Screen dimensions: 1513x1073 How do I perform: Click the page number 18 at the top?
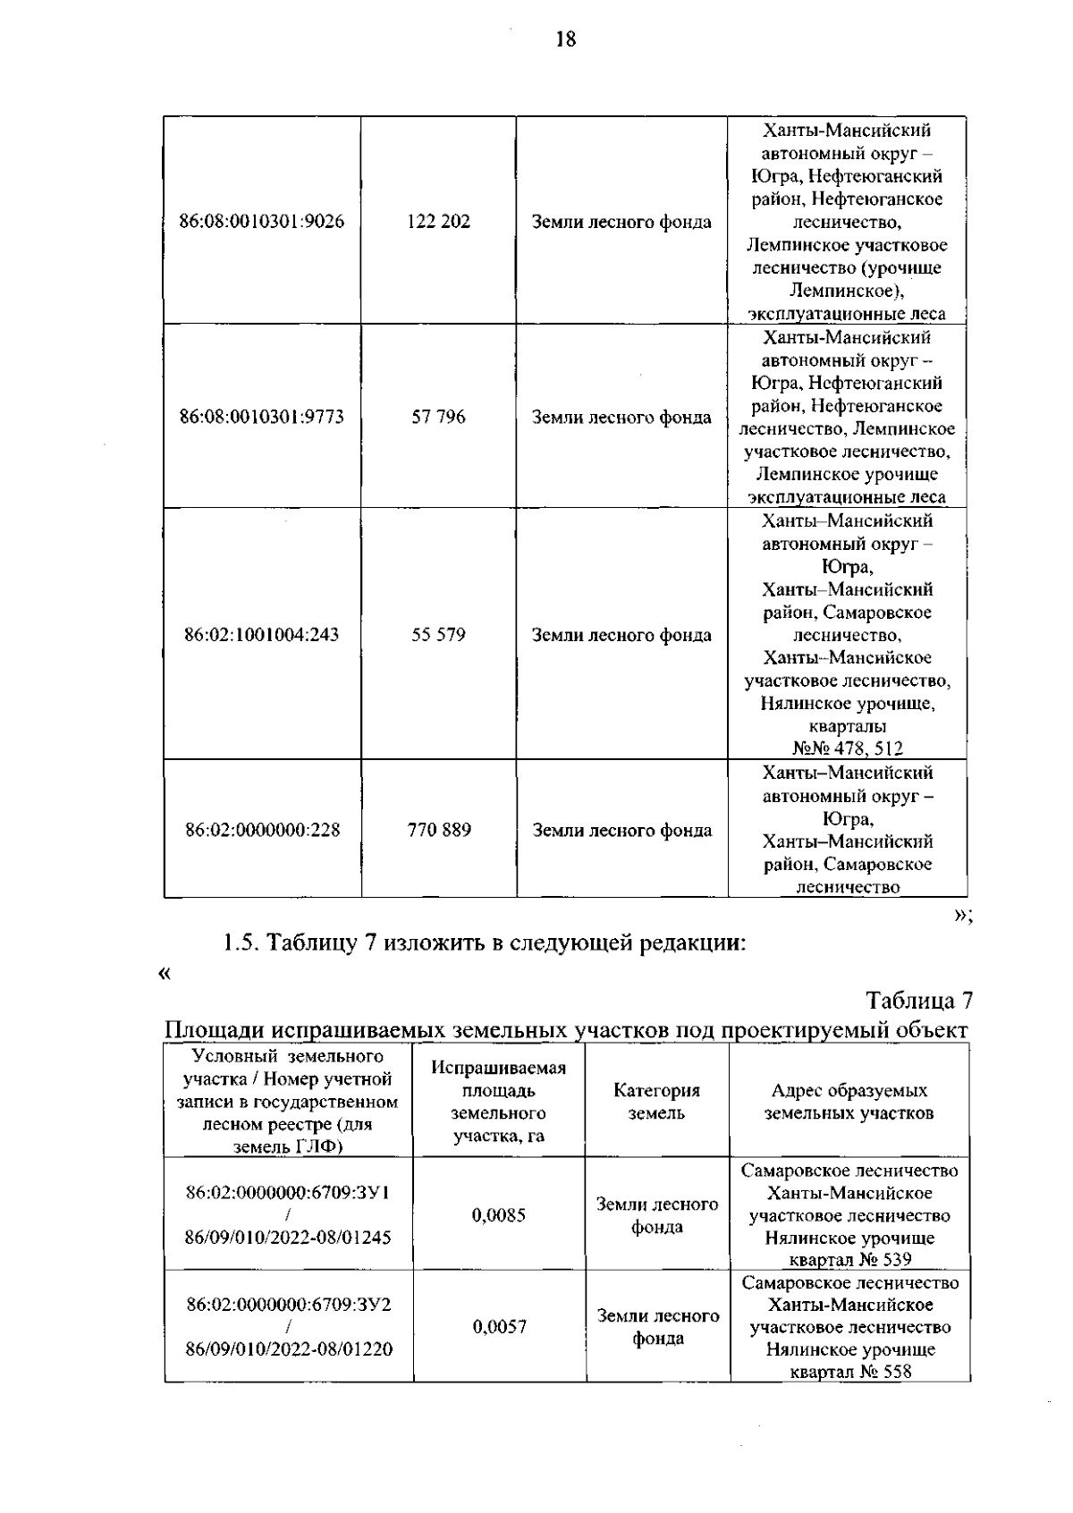coord(565,39)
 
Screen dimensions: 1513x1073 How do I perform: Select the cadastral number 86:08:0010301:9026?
coord(262,222)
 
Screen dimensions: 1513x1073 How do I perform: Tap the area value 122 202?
coord(438,222)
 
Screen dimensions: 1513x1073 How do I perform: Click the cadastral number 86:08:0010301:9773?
coord(262,417)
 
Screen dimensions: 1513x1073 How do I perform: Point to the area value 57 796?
coord(438,417)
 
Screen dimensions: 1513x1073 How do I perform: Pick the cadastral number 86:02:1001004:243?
coord(262,635)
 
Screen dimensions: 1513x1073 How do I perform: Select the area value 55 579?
coord(438,635)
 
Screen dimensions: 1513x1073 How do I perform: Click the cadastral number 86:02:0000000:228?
coord(262,830)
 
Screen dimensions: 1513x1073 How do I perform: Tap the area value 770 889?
coord(439,830)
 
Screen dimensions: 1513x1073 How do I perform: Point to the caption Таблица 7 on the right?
coord(917,999)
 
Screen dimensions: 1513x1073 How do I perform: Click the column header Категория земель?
coord(656,1102)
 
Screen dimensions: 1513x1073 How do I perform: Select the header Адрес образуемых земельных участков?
coord(849,1102)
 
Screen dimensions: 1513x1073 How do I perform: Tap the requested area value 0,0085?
coord(499,1215)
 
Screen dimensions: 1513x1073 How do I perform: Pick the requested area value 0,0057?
coord(499,1327)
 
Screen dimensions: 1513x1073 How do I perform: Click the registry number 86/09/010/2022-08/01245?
coord(288,1238)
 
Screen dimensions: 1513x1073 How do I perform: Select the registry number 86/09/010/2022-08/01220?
coord(288,1349)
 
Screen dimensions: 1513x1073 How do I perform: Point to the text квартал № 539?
coord(850,1261)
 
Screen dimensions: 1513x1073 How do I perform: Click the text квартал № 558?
coord(850,1373)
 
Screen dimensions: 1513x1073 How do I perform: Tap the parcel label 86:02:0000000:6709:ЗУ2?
coord(288,1305)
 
